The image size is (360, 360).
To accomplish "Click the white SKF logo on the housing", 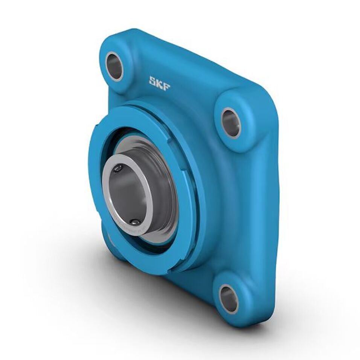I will coord(159,82).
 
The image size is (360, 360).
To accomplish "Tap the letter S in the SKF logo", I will coord(153,81).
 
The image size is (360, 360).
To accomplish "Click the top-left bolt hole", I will coord(114,66).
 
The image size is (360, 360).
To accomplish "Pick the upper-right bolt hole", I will coord(231,123).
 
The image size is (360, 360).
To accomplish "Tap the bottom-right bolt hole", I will coord(229,299).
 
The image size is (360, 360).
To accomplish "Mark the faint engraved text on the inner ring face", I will coord(130,230).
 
